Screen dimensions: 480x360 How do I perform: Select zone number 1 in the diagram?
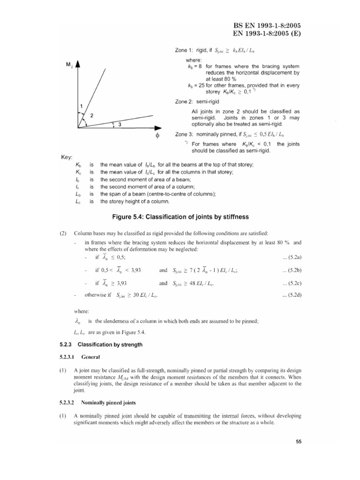(x=81, y=106)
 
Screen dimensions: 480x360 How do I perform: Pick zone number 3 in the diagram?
(x=120, y=125)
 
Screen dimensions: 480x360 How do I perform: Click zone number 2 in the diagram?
(x=92, y=115)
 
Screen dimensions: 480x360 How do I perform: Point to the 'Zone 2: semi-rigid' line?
(x=195, y=102)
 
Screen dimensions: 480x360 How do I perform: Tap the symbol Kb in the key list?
(x=77, y=165)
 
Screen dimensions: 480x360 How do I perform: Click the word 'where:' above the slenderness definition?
(x=82, y=311)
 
